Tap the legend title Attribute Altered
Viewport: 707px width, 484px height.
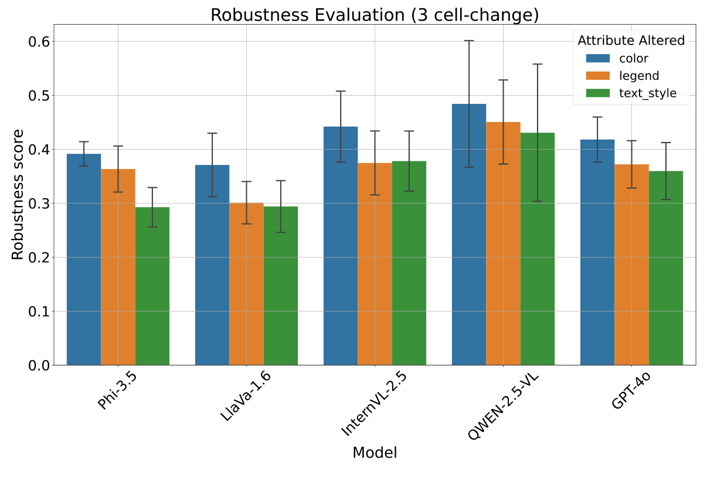[631, 40]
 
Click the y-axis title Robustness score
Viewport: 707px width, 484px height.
[18, 194]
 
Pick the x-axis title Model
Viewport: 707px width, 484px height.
[375, 453]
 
